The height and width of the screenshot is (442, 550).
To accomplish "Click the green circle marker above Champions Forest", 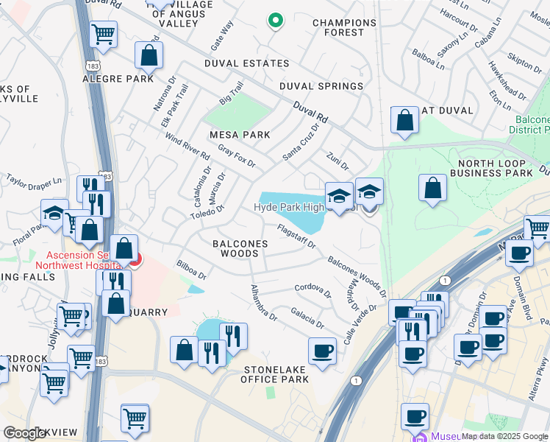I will [276, 21].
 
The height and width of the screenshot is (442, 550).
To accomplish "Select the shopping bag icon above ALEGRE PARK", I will [149, 55].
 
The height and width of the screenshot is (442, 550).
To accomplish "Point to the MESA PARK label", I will [240, 135].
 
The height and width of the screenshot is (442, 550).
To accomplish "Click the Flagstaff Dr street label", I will [296, 237].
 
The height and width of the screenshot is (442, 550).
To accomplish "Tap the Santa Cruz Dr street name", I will [301, 141].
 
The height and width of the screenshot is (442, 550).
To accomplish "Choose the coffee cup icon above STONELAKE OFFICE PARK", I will [321, 351].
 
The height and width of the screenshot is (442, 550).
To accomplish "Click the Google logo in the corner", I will [24, 433].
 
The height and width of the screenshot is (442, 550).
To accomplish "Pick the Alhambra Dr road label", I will [263, 303].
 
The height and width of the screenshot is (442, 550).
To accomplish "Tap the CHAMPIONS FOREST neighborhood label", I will [344, 28].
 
